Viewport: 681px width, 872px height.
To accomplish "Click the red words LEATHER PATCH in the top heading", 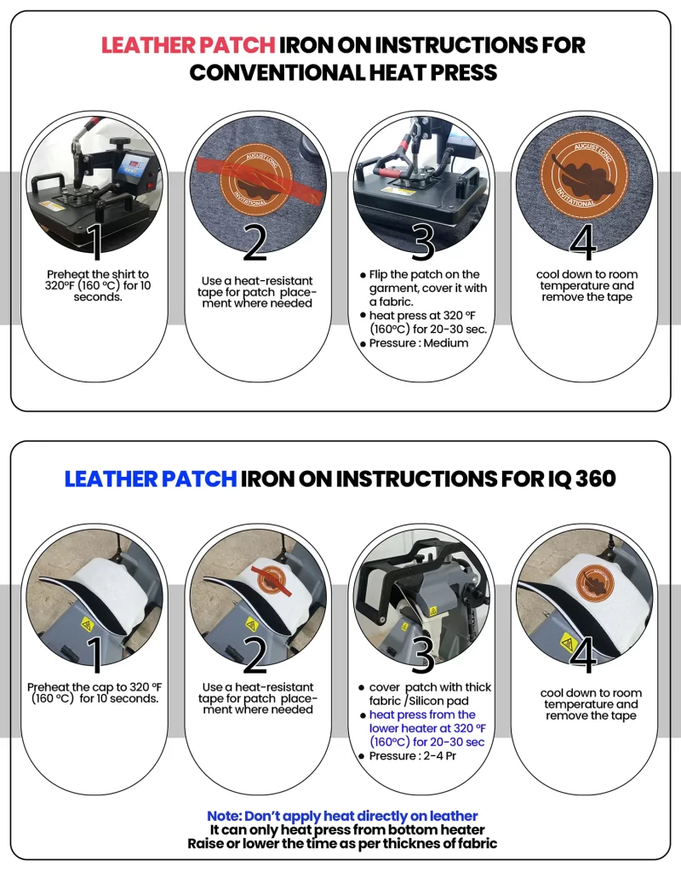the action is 188,45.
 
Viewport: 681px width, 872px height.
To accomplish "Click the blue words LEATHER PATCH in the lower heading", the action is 151,479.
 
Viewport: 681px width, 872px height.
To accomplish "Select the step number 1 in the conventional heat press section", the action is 95,241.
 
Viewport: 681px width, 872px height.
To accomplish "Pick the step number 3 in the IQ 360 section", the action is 423,655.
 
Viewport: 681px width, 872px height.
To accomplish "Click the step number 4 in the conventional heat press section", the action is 583,241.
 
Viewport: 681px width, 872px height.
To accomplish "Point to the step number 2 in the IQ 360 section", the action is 255,655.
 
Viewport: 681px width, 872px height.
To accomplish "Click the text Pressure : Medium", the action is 419,343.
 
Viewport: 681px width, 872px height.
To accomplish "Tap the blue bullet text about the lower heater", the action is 427,728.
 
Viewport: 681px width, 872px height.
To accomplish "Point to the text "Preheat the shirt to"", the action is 98,274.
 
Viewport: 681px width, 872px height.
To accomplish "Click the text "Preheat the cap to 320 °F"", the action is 94,687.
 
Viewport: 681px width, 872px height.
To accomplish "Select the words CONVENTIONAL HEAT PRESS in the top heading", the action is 343,73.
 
